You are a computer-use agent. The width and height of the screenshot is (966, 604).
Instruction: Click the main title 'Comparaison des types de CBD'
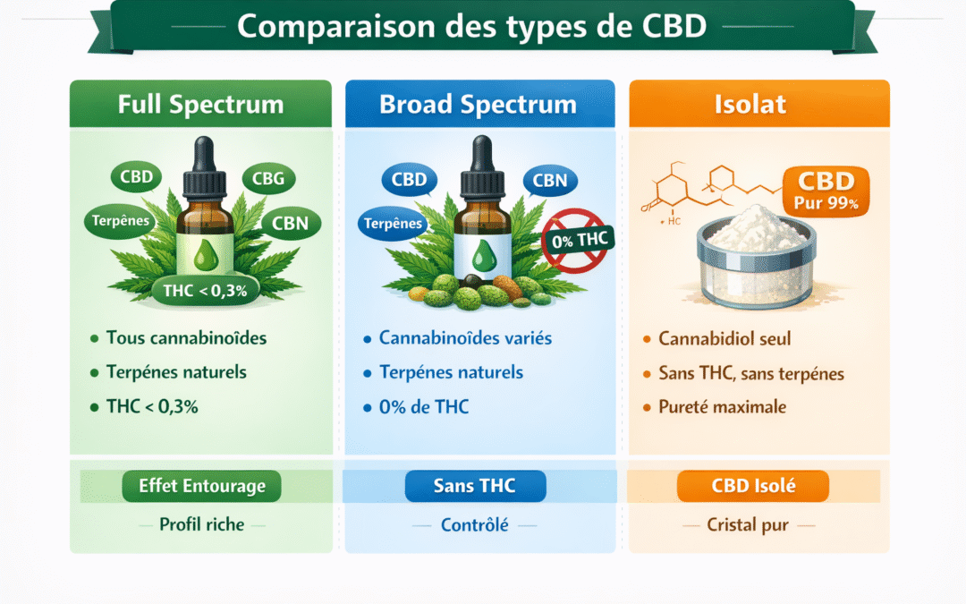point(471,25)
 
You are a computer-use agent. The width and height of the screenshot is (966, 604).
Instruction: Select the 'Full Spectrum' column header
point(200,104)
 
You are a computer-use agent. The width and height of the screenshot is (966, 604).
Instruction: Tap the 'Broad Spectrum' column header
point(478,104)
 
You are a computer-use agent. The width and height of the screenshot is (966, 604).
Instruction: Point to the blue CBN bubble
point(549,180)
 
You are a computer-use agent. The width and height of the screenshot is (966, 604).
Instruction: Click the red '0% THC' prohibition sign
point(576,240)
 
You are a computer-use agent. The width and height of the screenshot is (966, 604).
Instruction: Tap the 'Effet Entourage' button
point(202,486)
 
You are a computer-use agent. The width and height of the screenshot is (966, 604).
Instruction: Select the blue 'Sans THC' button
point(474,486)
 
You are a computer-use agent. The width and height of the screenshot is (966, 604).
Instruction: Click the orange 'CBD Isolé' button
point(753,486)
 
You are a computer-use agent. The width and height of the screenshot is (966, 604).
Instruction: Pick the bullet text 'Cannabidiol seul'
point(724,339)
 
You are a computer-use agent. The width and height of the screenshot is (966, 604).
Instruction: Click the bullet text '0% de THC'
point(424,407)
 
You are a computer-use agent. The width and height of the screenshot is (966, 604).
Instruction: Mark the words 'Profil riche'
point(201,524)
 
